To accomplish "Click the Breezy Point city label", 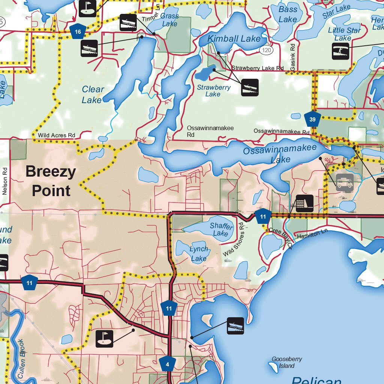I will point(51,181).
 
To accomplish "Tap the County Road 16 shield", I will point(78,32).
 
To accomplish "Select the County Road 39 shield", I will point(312,120).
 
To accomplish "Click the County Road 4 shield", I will point(168,364).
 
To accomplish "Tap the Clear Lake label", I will point(92,94).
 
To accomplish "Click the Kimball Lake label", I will point(234,39).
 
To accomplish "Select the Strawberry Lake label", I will point(214,91).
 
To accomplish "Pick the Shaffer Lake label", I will point(221,229).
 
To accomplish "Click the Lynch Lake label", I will point(198,253).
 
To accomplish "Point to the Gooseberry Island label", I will point(287,362).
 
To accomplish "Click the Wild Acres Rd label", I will point(56,135).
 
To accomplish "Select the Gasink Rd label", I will point(293,56).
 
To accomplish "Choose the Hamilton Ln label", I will point(312,234).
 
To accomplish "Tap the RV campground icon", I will point(345,183).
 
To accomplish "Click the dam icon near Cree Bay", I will point(304,203).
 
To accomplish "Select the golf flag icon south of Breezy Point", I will point(105,338).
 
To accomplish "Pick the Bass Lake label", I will point(288,14).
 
